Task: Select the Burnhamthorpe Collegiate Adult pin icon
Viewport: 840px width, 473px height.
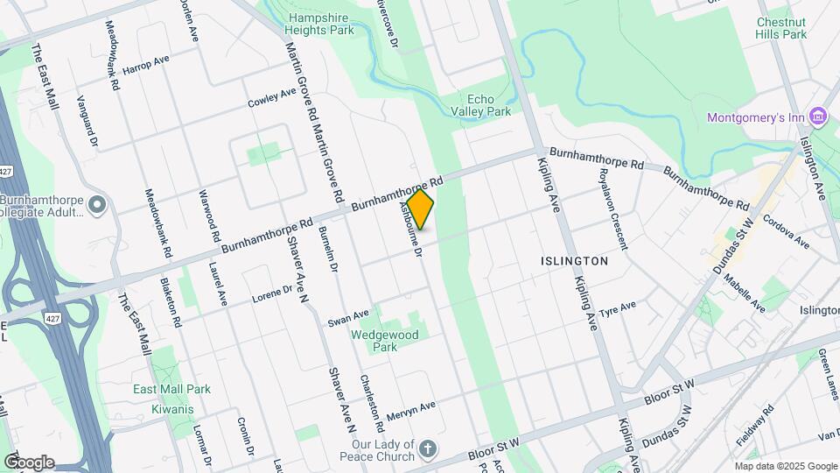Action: point(96,206)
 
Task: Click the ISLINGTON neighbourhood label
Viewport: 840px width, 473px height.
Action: point(574,261)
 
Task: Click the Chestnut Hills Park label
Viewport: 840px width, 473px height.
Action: point(780,27)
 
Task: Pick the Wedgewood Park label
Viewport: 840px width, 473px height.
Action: point(385,341)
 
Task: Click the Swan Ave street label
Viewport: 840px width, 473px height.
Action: point(348,317)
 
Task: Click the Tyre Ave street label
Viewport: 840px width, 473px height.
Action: point(618,309)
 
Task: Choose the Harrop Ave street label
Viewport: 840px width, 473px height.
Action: point(145,66)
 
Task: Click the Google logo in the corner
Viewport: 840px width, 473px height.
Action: point(28,462)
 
